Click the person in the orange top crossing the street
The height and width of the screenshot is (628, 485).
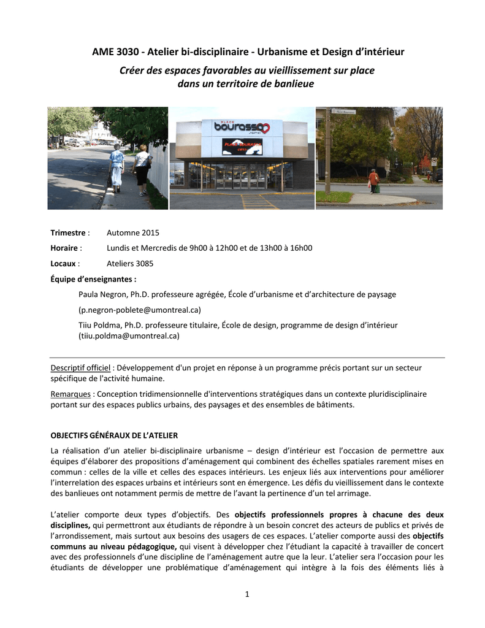tap(373, 180)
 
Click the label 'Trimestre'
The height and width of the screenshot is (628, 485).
tap(67, 233)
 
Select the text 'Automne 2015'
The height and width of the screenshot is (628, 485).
tap(132, 233)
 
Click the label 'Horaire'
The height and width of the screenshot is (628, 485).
tap(64, 248)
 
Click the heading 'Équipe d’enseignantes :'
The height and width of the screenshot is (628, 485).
tap(93, 279)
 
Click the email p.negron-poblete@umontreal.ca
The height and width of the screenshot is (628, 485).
tap(140, 310)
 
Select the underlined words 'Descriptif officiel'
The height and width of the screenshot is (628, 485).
tap(80, 367)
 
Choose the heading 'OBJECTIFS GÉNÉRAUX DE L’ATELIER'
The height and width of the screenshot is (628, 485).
tap(113, 435)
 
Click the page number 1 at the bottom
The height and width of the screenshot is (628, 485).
tap(246, 594)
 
